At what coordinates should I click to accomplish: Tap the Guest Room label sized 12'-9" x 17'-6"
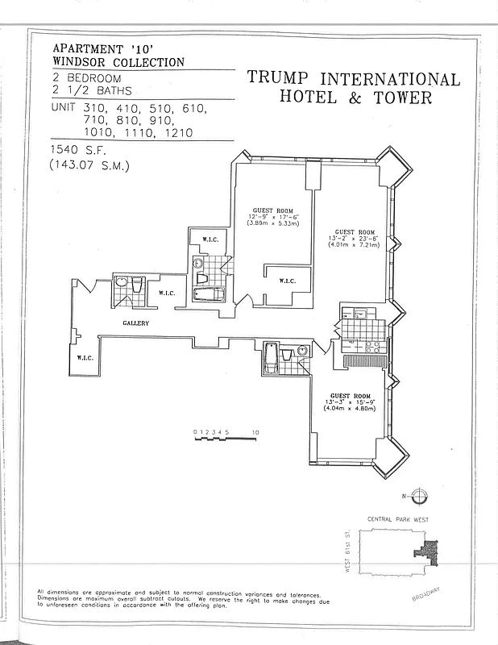[x=272, y=210]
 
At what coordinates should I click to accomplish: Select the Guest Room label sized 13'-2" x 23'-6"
[x=355, y=232]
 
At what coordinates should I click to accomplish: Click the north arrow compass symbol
[x=423, y=496]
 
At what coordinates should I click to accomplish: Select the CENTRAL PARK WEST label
[x=400, y=520]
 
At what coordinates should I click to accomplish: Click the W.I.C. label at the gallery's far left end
[x=86, y=359]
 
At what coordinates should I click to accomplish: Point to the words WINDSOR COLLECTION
[x=118, y=62]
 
